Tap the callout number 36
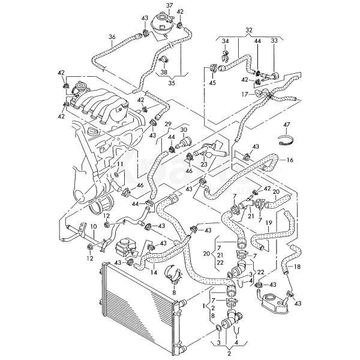tap(112, 38)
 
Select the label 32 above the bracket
tap(233, 29)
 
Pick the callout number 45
tap(212, 83)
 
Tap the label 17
tap(245, 94)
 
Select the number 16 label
tap(290, 160)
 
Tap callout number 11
tap(120, 164)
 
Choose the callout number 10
tap(92, 227)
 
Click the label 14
tap(154, 272)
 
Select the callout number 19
tap(269, 222)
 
